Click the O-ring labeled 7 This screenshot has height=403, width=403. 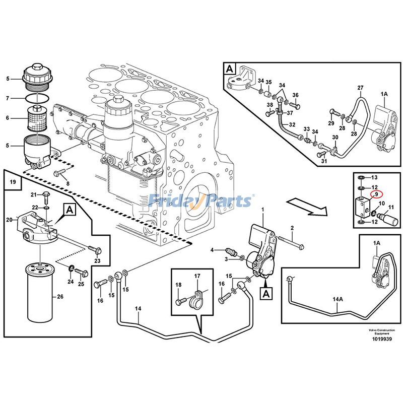coord(36,97)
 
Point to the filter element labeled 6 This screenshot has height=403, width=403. coord(36,118)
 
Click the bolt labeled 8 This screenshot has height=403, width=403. coord(61,174)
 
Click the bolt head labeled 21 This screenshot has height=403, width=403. coord(47,195)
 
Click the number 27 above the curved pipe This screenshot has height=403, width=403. coord(360,89)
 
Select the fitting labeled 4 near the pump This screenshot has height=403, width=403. coord(231,250)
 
